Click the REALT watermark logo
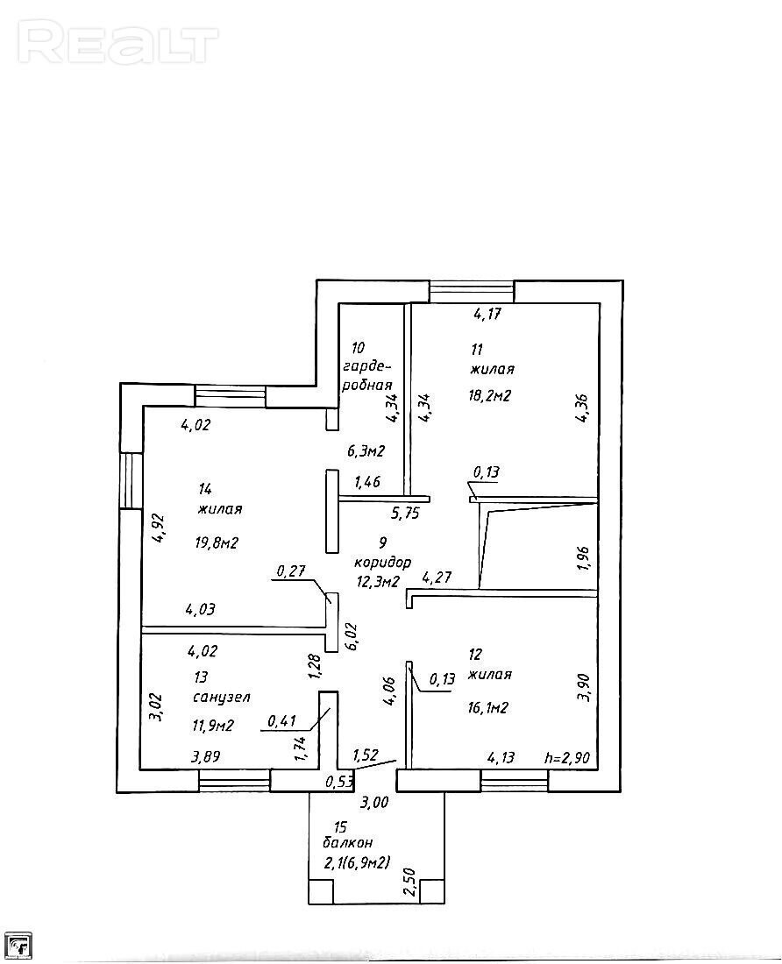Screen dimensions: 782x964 tap(117, 42)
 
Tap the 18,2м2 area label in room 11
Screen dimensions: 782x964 tap(489, 395)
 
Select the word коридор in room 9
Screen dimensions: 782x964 tap(382, 563)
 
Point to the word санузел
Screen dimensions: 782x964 tap(221, 698)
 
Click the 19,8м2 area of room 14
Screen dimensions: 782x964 tap(217, 542)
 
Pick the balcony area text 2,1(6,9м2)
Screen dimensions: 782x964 tap(358, 863)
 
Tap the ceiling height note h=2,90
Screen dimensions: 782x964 tap(567, 758)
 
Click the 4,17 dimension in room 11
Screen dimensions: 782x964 tap(487, 314)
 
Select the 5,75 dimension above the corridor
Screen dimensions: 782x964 tap(404, 513)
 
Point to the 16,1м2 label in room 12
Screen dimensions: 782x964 tap(487, 708)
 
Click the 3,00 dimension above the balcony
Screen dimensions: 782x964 tap(373, 802)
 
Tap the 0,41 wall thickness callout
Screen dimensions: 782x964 tap(283, 719)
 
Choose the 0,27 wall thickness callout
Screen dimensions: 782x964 tap(291, 571)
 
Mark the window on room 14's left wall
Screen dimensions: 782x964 tap(131, 481)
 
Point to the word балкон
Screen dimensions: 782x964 tap(347, 842)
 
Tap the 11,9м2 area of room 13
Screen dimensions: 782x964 tap(213, 727)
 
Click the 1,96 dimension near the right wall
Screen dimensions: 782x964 tap(584, 558)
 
